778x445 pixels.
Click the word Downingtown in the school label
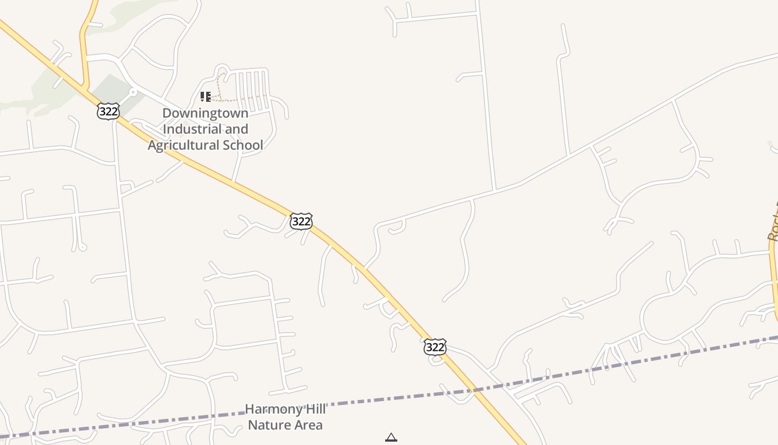coord(205,113)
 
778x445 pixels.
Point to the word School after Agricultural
coord(243,145)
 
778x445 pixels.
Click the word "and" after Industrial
coord(236,129)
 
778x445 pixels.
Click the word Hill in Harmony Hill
coord(311,409)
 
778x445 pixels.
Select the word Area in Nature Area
coord(308,426)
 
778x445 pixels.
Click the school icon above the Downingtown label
coord(206,97)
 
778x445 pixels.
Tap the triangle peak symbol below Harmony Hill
coord(391,438)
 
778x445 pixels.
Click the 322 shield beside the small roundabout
coord(108,111)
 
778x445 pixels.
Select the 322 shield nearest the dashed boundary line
coord(435,347)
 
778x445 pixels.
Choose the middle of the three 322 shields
coord(301,221)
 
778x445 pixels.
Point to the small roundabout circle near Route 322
coord(132,92)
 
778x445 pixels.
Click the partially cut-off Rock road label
coord(772,222)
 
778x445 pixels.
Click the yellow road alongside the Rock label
coord(773,278)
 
